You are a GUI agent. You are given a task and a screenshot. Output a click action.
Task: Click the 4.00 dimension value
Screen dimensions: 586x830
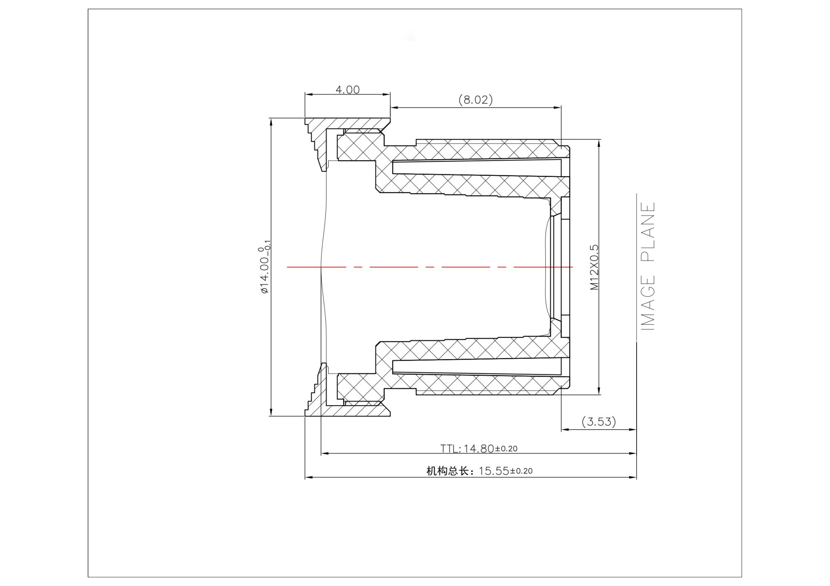click(x=347, y=90)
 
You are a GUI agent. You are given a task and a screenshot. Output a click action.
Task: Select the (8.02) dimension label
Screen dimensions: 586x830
click(x=476, y=100)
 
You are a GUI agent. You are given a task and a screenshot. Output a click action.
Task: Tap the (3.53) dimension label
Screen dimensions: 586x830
click(x=598, y=422)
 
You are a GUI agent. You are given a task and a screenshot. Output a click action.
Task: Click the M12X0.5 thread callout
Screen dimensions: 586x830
click(x=595, y=267)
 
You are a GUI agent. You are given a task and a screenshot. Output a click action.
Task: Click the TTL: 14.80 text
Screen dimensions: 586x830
click(x=467, y=449)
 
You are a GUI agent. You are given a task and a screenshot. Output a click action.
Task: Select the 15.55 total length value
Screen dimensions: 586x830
click(x=494, y=471)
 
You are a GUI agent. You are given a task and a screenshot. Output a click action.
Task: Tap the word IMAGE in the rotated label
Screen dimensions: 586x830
click(x=648, y=303)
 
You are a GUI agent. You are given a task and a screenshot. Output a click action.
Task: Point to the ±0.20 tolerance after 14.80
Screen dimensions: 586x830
click(x=506, y=449)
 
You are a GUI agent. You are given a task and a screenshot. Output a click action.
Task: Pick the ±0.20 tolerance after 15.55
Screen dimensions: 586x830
click(x=521, y=471)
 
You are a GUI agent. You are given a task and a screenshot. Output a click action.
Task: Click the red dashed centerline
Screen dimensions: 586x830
click(x=430, y=267)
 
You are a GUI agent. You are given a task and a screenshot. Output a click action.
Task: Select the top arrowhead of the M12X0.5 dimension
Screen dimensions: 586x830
click(x=599, y=143)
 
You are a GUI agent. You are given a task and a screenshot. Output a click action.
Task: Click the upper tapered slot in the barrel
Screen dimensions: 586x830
click(x=477, y=167)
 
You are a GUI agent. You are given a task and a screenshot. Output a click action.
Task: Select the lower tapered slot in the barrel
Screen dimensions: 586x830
click(x=477, y=367)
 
